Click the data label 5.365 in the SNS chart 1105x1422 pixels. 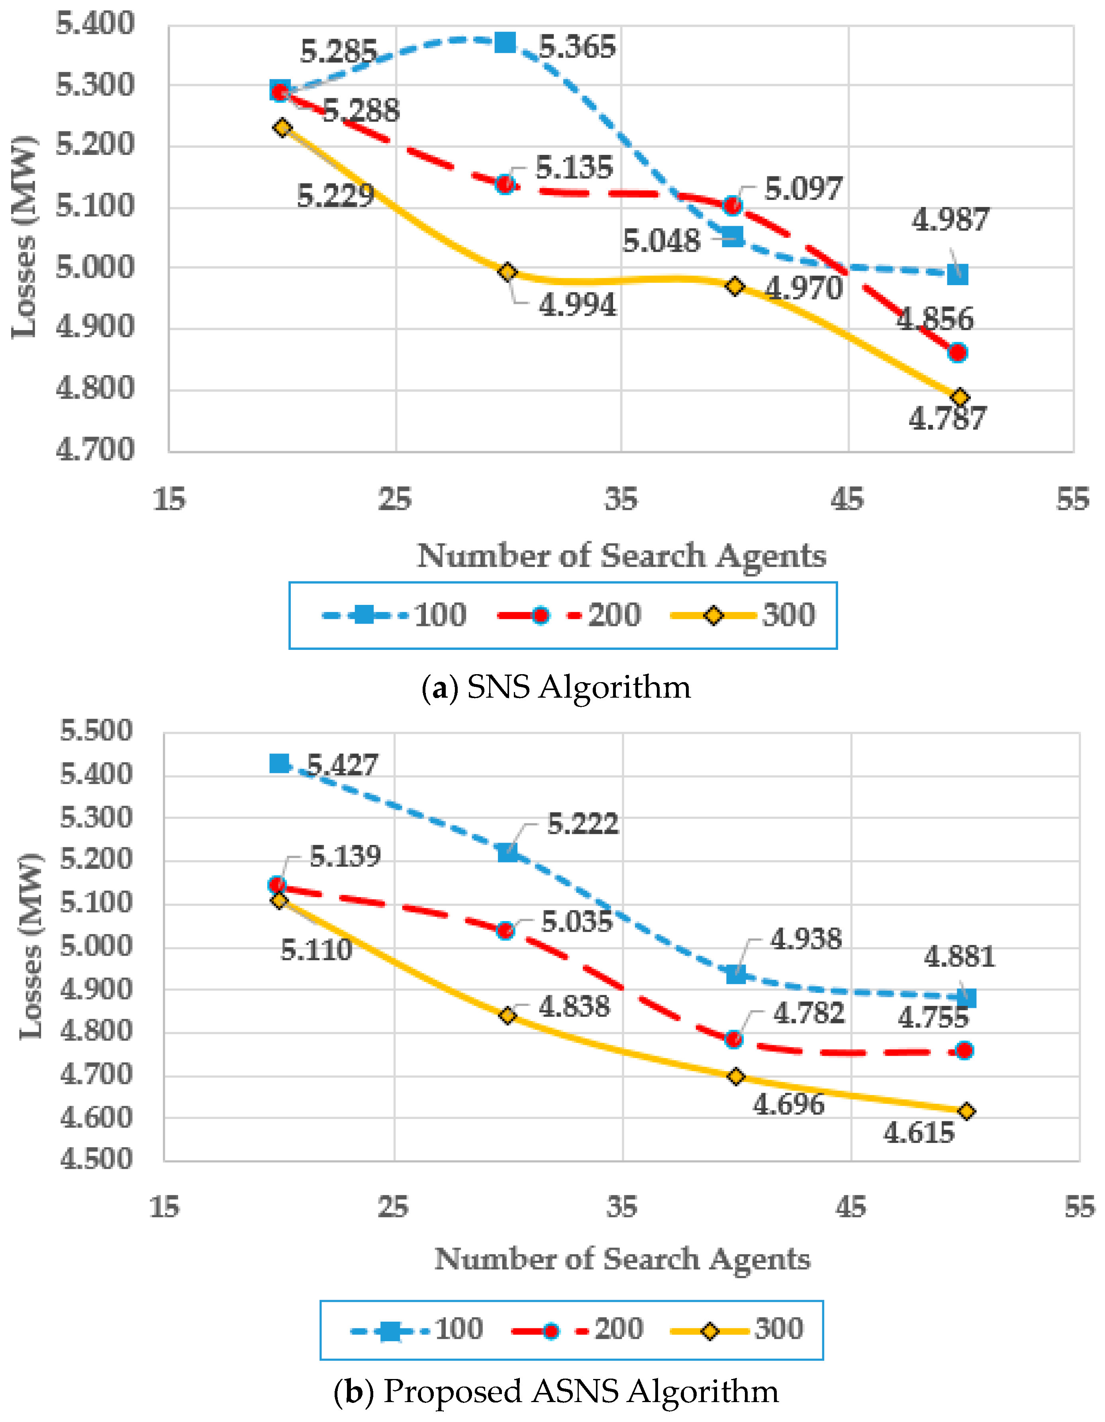[577, 47]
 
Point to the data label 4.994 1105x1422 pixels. [577, 305]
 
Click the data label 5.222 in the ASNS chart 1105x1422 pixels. [582, 824]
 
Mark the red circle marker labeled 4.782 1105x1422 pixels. [734, 1039]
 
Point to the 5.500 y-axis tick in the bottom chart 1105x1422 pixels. [96, 731]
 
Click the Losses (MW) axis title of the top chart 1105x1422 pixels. [25, 238]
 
